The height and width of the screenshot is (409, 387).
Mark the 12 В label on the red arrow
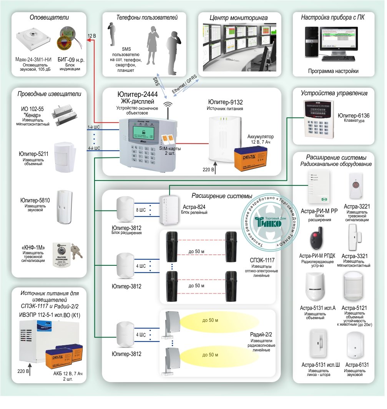coord(92,36)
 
